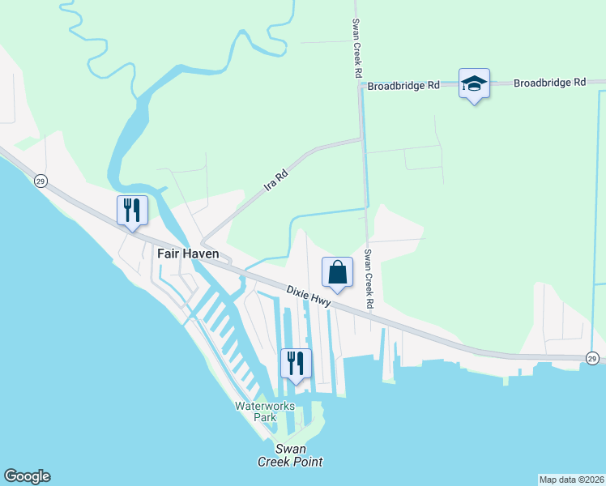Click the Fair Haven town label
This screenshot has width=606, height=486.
point(188,254)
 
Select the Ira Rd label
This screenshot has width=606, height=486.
point(276,180)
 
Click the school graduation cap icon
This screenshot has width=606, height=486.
point(474,83)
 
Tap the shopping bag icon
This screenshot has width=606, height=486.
point(338,272)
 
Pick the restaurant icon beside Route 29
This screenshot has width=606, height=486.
point(131,211)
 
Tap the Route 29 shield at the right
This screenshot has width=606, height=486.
point(592,358)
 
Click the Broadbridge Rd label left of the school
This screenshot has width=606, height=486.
point(403,85)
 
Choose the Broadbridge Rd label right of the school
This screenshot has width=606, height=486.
point(549,83)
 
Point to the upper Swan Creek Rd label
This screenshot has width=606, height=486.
point(356,49)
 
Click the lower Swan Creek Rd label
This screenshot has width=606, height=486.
point(369,279)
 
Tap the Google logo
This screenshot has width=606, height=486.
point(27,476)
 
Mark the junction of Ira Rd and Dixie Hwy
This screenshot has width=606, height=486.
point(203,243)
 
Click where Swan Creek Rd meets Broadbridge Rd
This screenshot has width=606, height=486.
point(360,85)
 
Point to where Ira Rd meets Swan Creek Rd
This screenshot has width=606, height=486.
point(361,139)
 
